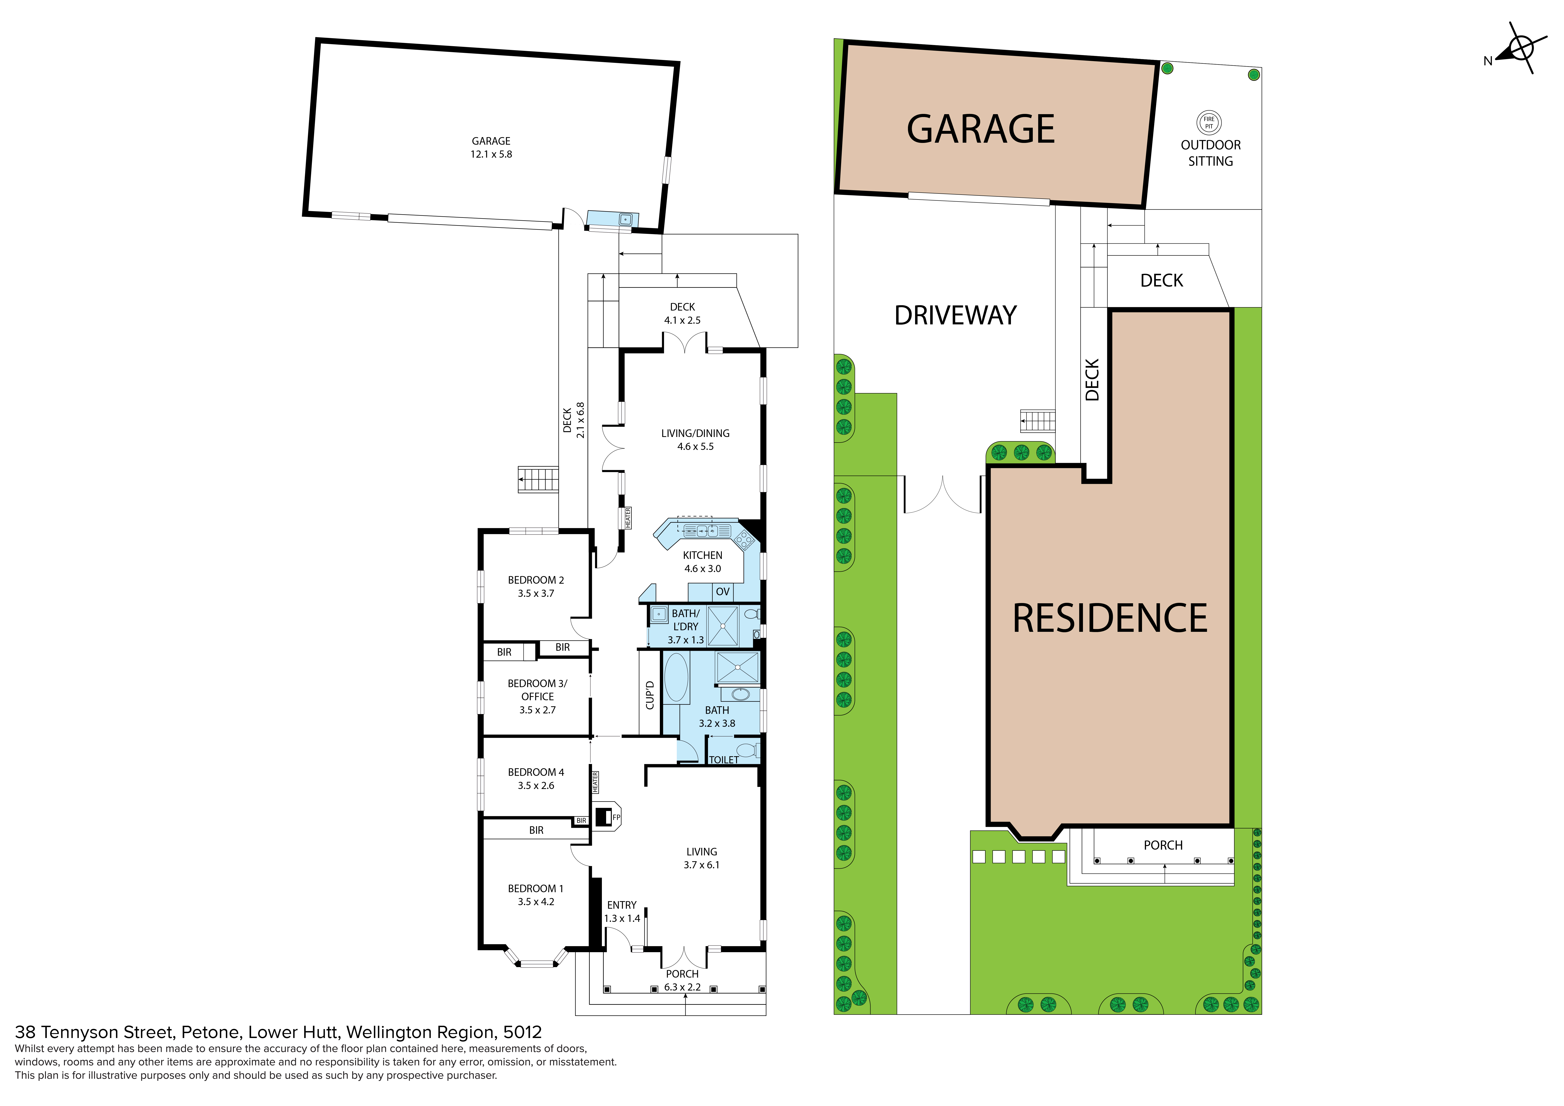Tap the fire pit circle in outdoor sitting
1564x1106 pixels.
[x=1209, y=123]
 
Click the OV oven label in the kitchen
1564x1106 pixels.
[x=723, y=591]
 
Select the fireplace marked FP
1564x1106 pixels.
[x=606, y=816]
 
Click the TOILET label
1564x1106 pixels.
[x=723, y=760]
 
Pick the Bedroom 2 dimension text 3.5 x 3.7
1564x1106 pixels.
[x=536, y=593]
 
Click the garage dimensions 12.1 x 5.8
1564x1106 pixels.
[x=491, y=154]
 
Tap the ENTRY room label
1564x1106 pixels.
[x=622, y=905]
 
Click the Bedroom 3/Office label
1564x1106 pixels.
[x=537, y=690]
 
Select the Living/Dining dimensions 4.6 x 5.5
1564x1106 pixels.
[x=696, y=446]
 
